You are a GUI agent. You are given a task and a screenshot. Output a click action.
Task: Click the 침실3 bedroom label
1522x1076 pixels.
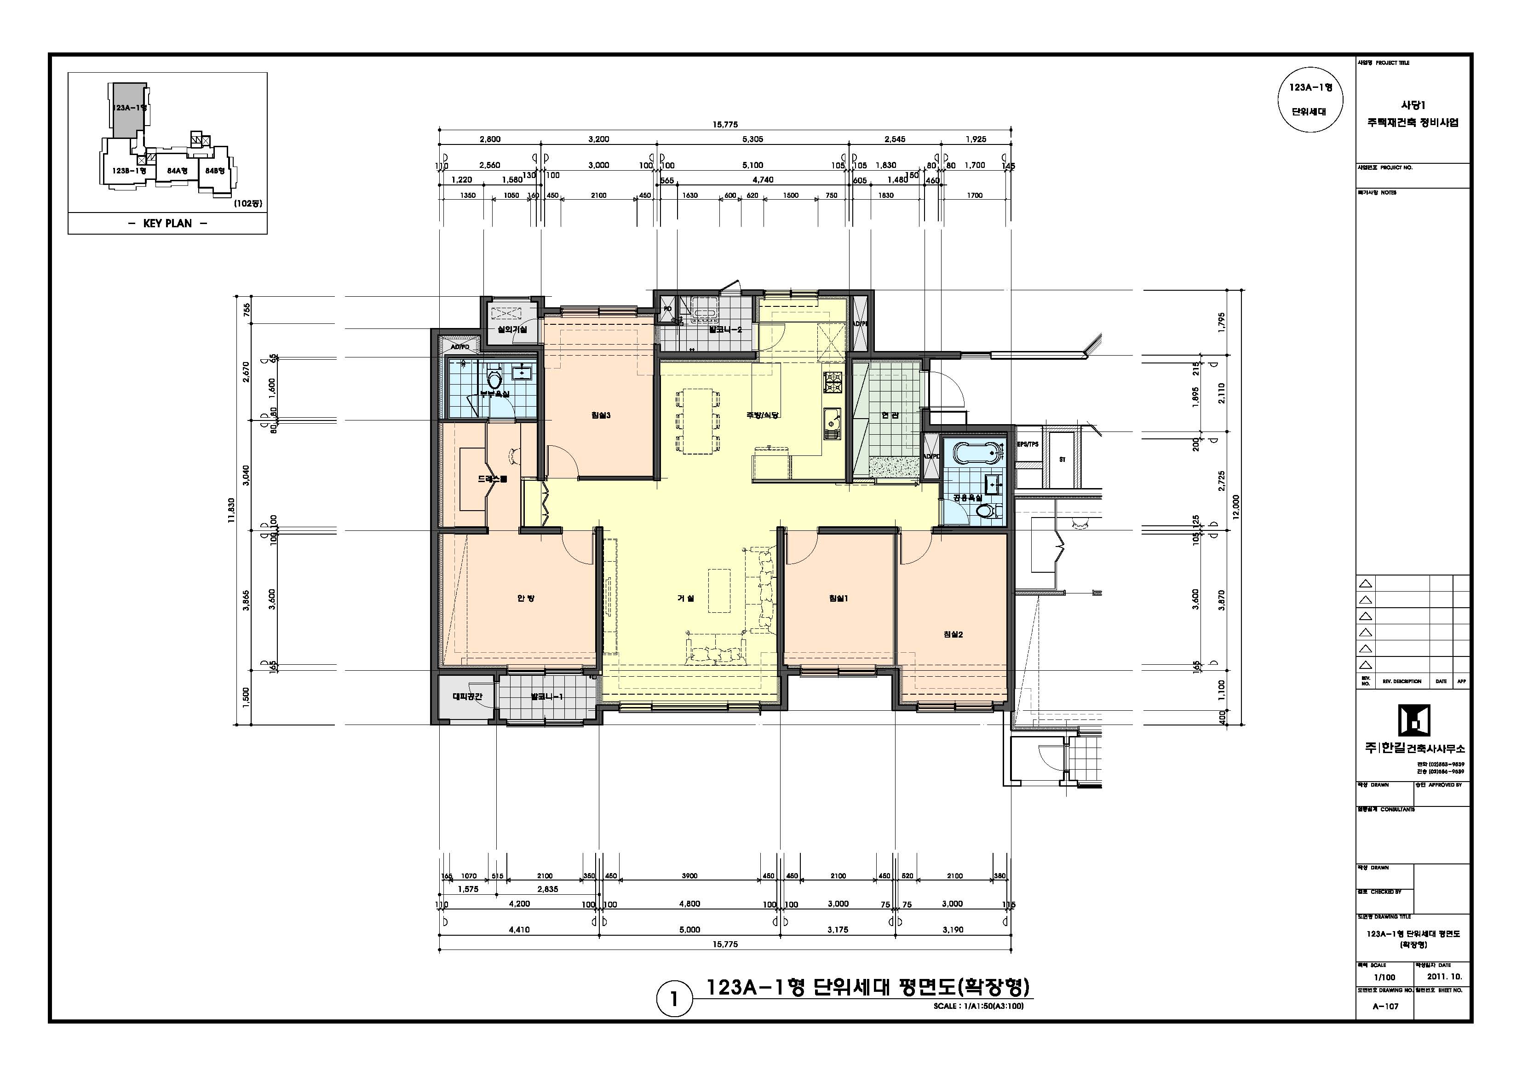click(x=601, y=416)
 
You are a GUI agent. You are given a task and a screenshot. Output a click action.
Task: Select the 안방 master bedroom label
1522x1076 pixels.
click(x=526, y=598)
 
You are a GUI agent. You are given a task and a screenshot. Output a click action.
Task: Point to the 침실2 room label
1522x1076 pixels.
click(x=953, y=634)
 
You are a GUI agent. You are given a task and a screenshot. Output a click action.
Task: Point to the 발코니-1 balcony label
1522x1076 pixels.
click(x=547, y=697)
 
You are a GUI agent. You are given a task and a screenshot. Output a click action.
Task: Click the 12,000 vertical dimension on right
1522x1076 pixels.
click(x=1235, y=508)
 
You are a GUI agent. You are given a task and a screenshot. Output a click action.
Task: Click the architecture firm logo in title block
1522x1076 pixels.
click(x=1413, y=721)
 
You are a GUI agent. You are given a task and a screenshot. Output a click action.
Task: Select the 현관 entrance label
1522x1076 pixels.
click(x=890, y=416)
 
